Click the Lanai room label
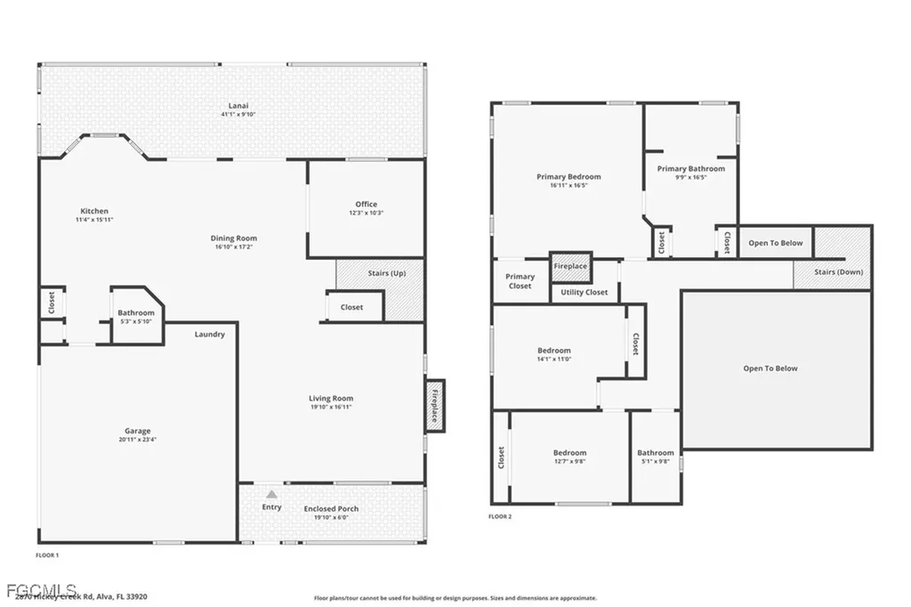pos(231,106)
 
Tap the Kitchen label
pos(94,211)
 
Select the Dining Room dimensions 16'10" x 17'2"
pos(234,247)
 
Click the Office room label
pos(366,205)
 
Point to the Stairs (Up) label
pos(386,273)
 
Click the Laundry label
pos(210,335)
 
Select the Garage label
pos(137,432)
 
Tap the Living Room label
pos(331,399)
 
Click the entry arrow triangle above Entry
pos(272,492)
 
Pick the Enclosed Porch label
pos(331,509)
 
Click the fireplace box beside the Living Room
pos(435,406)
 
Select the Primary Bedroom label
pos(568,177)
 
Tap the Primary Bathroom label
pos(690,168)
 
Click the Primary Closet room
pos(520,281)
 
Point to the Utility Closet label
pos(584,292)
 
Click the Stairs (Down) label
pos(839,272)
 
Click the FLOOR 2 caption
pos(500,516)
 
